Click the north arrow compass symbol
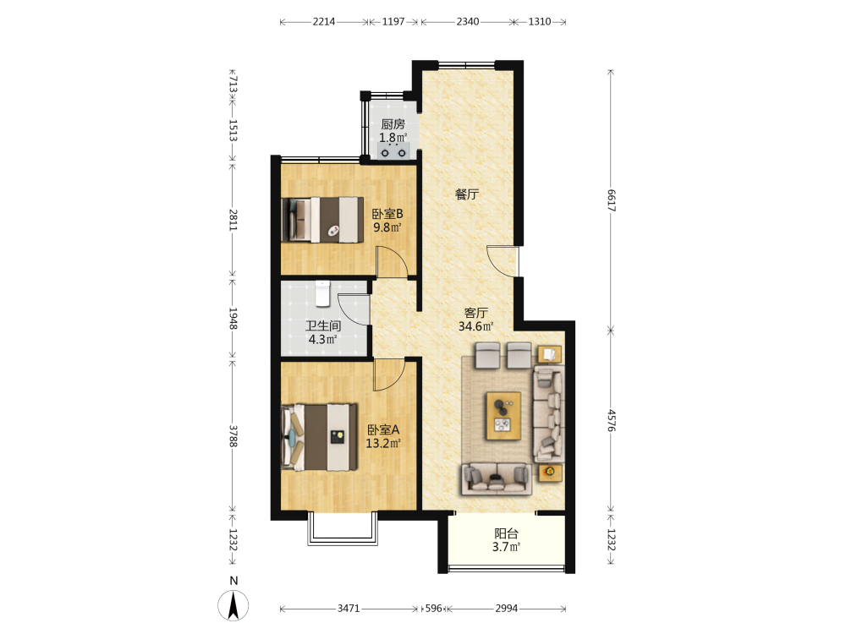(x=233, y=605)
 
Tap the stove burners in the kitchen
(x=393, y=151)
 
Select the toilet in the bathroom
(x=322, y=293)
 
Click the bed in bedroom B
(x=322, y=220)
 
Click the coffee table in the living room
(x=503, y=416)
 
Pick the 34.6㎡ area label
(x=475, y=326)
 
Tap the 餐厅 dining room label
(x=467, y=194)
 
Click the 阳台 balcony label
(x=506, y=533)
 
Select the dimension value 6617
(x=611, y=200)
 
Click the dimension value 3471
(x=349, y=608)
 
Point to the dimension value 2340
(x=467, y=22)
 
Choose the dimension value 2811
(x=233, y=220)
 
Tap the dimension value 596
(x=433, y=608)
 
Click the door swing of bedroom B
(x=392, y=262)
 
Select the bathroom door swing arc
(x=354, y=309)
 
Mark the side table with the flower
(x=550, y=473)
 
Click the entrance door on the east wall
(x=503, y=261)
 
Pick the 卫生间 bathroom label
(x=323, y=325)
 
